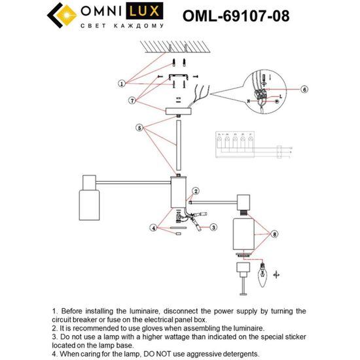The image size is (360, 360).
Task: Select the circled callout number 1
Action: click(x=122, y=84)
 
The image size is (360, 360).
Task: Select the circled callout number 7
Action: click(x=132, y=100)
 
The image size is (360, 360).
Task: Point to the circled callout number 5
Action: click(x=139, y=127)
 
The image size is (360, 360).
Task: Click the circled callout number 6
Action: click(x=304, y=88)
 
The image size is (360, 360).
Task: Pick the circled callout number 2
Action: click(x=194, y=191)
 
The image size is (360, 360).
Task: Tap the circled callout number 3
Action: click(x=213, y=227)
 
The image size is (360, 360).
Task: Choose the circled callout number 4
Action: click(x=154, y=228)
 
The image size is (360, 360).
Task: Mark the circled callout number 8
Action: click(x=275, y=232)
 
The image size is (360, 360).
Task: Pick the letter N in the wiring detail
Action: click(x=249, y=101)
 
